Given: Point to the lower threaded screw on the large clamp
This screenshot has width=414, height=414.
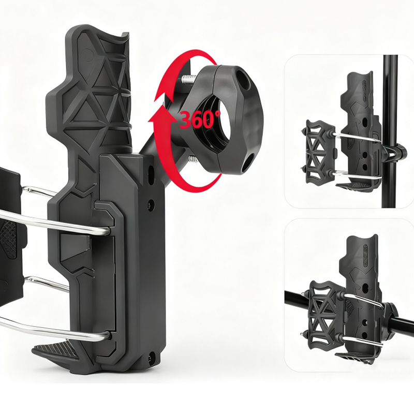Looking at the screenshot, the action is (x=193, y=159).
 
